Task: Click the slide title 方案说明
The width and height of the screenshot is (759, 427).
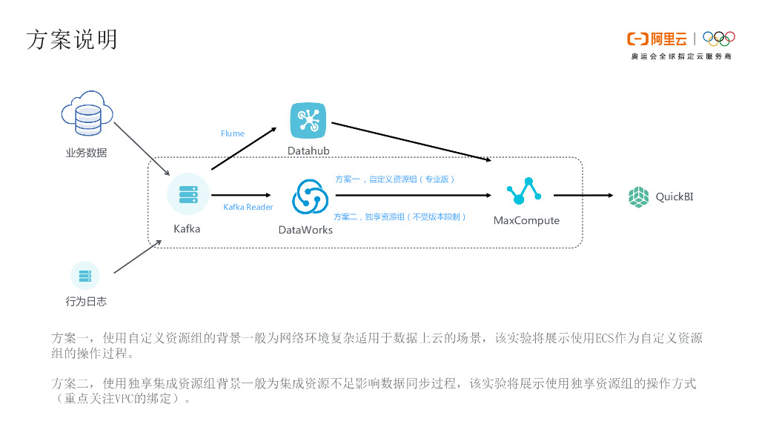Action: [72, 39]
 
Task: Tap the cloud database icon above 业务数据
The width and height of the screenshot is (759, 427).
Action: [86, 113]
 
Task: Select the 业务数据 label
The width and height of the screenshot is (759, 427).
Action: [86, 153]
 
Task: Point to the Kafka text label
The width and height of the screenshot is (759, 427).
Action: [187, 228]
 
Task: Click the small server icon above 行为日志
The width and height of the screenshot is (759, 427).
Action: [85, 276]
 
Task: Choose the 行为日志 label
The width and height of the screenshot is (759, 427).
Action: [86, 302]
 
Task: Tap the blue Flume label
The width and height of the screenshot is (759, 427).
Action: [232, 133]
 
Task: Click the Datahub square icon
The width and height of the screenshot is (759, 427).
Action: [308, 119]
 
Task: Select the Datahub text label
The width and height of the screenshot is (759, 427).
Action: [308, 151]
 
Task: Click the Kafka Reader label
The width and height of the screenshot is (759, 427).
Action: [248, 207]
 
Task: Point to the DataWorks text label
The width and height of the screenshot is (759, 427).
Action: [305, 230]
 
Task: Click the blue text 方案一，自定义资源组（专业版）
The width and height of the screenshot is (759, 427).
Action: [395, 179]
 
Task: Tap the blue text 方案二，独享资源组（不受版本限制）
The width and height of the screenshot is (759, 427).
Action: [400, 216]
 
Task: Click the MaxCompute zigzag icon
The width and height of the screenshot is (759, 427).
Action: [526, 192]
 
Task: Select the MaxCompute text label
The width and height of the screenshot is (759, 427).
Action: [526, 221]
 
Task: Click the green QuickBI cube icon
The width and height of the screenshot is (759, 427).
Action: [638, 196]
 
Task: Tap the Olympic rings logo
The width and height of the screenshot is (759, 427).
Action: [718, 39]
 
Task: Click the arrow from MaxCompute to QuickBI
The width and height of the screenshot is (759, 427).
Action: [583, 196]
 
